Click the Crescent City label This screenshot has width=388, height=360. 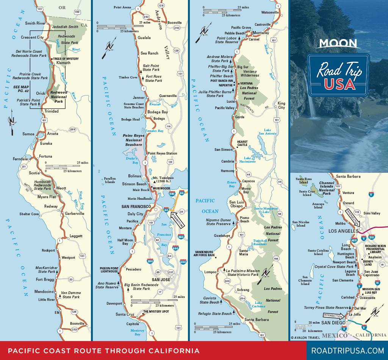(32, 38)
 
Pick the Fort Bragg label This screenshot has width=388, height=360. (45, 280)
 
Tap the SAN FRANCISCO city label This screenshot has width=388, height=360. (136, 207)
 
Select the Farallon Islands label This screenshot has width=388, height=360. (110, 180)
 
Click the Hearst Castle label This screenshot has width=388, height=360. (242, 144)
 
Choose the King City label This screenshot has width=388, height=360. (281, 105)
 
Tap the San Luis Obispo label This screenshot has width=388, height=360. (238, 204)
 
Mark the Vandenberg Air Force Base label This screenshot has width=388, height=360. (205, 254)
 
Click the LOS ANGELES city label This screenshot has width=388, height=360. (343, 231)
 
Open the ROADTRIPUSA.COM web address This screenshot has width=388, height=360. (347, 351)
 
